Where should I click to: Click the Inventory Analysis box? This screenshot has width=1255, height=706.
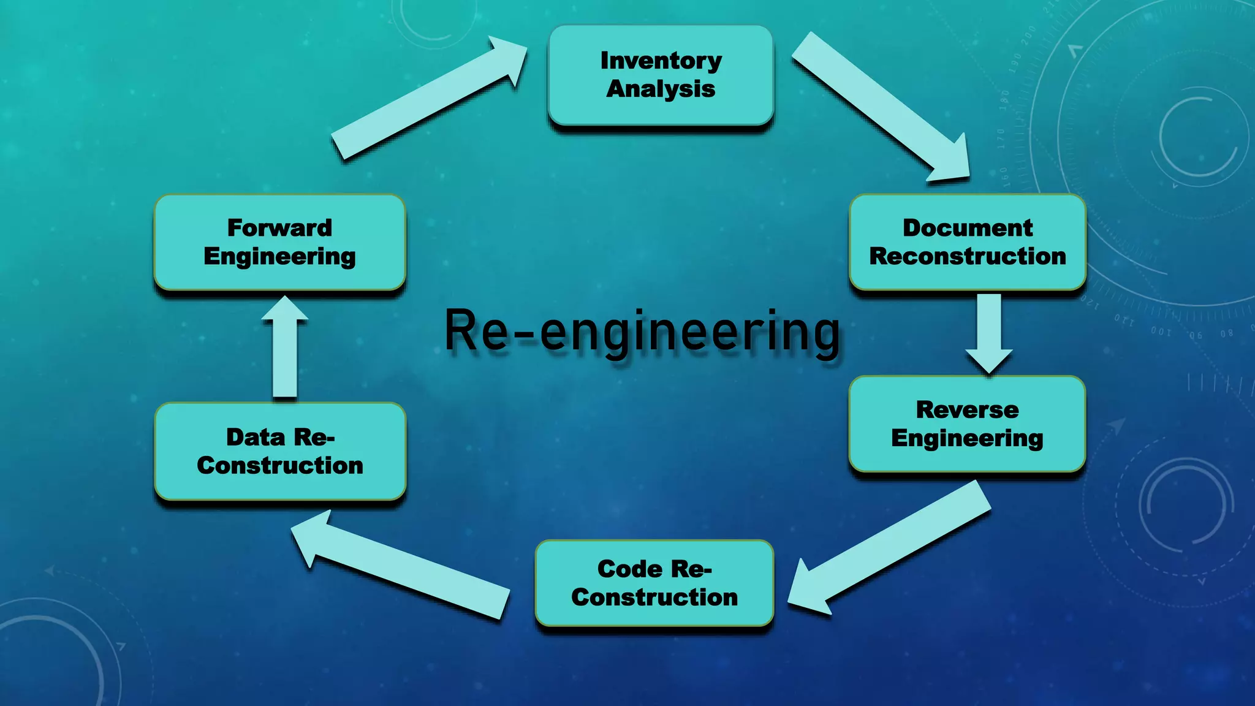pos(661,75)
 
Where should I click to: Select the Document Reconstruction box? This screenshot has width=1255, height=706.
pos(967,242)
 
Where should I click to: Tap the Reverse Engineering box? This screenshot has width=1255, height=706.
pos(967,423)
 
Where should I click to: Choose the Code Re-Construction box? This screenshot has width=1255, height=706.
pos(654,583)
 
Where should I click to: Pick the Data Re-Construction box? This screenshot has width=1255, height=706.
pos(280,451)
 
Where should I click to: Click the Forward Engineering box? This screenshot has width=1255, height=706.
pos(279,242)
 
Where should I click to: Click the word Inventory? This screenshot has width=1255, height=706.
pos(661,61)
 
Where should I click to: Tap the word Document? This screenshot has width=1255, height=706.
pos(967,228)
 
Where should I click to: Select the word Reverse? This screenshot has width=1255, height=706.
pos(967,409)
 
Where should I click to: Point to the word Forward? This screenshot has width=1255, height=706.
pos(279,228)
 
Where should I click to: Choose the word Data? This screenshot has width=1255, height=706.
pos(256,437)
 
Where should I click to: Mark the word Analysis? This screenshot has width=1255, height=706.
pos(661,89)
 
